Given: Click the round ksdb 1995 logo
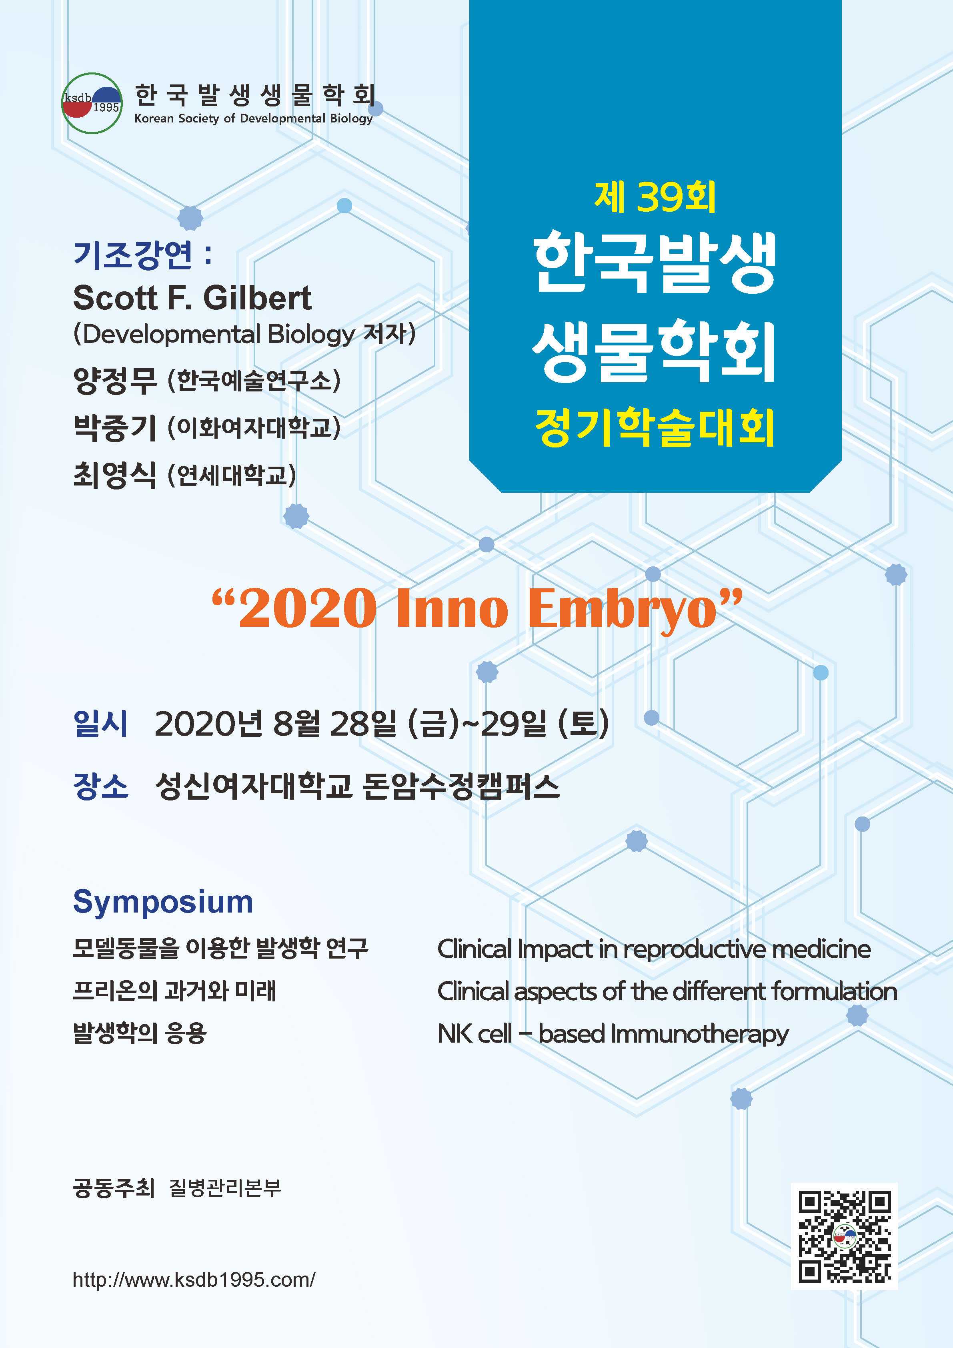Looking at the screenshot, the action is [92, 103].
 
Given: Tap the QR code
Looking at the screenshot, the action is [845, 1236].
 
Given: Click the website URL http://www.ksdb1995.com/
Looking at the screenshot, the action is [194, 1279].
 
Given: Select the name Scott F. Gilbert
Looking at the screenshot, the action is [192, 298].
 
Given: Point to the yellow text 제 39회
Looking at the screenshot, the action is [655, 197].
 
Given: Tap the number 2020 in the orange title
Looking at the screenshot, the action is [308, 608].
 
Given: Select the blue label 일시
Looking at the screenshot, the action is [100, 723].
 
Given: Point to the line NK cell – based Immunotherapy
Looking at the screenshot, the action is [613, 1034].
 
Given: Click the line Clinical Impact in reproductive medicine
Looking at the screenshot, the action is [654, 949].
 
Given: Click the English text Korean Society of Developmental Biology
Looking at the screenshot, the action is [254, 118].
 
